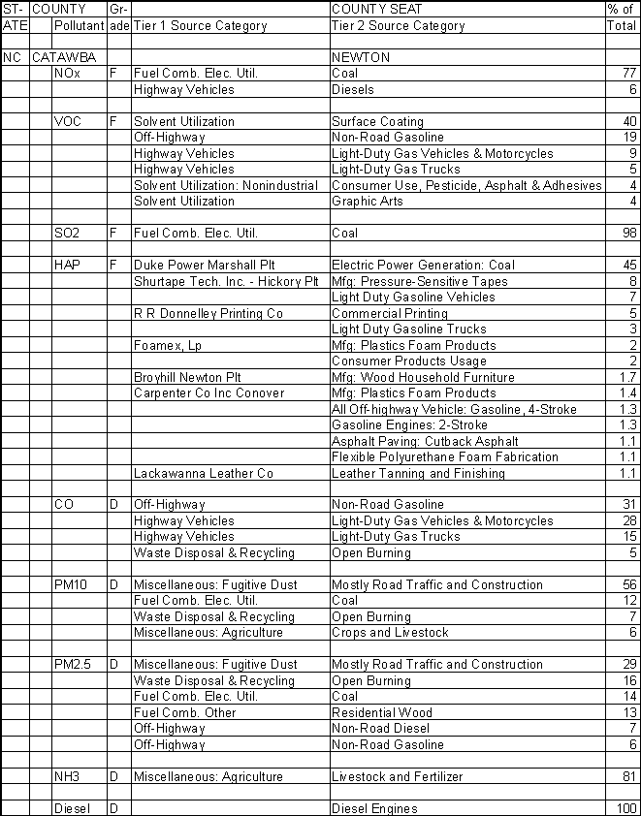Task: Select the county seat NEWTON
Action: tap(361, 57)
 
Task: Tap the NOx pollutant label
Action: tap(68, 74)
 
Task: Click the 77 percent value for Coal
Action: tap(628, 74)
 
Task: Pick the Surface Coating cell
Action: tap(377, 121)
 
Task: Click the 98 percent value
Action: tap(628, 233)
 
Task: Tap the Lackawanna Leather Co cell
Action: tap(203, 473)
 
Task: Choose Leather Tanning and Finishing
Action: tap(418, 473)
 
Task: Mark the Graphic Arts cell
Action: tap(365, 202)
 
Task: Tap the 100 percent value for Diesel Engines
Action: tap(625, 808)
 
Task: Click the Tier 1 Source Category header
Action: tap(199, 26)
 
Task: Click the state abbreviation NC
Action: tap(12, 57)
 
